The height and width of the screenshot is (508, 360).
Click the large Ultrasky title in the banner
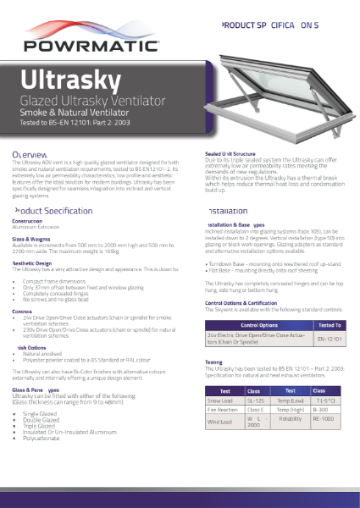coord(64,80)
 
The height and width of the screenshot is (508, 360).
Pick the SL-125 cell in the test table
coord(254,400)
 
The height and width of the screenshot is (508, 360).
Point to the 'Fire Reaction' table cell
coord(222,410)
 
